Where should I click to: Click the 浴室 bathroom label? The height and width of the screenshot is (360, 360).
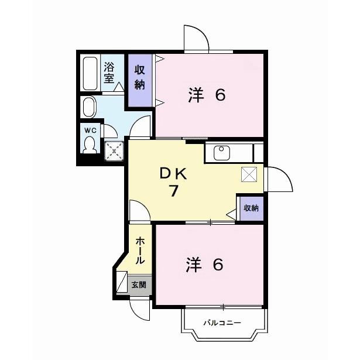pyautogui.click(x=109, y=73)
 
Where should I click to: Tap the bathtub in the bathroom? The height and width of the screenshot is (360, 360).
pyautogui.click(x=90, y=73)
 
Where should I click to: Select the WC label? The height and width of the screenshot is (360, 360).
pyautogui.click(x=90, y=129)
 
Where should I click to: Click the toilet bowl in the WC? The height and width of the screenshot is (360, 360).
pyautogui.click(x=90, y=144)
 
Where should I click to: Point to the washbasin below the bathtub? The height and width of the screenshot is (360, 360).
pyautogui.click(x=90, y=107)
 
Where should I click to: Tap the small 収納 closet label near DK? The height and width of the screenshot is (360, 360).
pyautogui.click(x=251, y=208)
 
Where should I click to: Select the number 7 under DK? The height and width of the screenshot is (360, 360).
pyautogui.click(x=174, y=191)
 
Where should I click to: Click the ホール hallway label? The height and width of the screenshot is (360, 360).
pyautogui.click(x=141, y=251)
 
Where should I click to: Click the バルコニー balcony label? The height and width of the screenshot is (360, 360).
pyautogui.click(x=222, y=323)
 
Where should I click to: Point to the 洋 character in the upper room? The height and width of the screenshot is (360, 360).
pyautogui.click(x=196, y=95)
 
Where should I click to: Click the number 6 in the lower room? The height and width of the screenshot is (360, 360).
pyautogui.click(x=217, y=265)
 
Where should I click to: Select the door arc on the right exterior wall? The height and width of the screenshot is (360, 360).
pyautogui.click(x=279, y=179)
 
